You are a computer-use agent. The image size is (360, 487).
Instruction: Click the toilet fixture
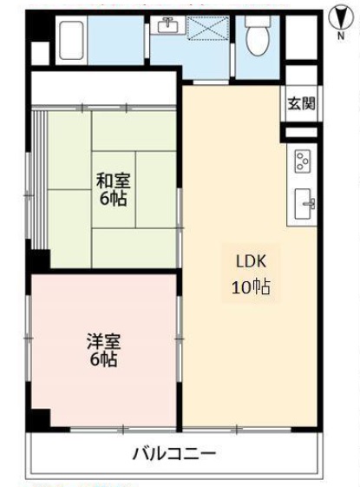click(258, 36)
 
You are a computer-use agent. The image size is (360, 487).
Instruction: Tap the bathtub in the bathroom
click(71, 40)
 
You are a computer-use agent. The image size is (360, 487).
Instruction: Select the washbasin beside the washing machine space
click(167, 25)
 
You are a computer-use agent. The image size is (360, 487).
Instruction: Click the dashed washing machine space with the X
click(209, 29)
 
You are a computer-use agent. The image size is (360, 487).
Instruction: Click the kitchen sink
click(304, 203)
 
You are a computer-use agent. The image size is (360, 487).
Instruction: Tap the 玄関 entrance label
click(302, 103)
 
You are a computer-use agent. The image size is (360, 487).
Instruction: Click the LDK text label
click(251, 261)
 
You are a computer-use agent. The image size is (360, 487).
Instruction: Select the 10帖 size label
click(251, 286)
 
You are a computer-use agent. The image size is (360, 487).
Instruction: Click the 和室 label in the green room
click(114, 181)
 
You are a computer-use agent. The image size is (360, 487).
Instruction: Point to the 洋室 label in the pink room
click(103, 341)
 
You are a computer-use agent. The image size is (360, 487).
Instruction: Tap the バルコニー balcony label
click(174, 454)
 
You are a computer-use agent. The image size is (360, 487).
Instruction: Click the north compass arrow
click(341, 19)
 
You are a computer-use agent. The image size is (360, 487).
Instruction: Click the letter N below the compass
click(341, 36)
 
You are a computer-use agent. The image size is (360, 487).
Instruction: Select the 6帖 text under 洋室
click(103, 359)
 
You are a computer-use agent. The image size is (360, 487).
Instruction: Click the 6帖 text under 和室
click(114, 199)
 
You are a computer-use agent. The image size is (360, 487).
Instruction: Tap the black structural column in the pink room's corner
click(41, 418)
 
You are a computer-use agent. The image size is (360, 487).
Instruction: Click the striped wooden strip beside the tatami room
click(40, 181)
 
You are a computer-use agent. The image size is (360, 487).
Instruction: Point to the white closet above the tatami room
click(103, 89)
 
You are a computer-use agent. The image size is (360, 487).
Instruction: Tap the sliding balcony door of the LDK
click(237, 430)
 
